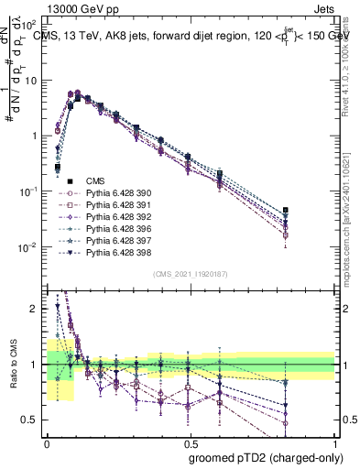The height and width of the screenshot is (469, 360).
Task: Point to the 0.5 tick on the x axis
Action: click(x=191, y=443)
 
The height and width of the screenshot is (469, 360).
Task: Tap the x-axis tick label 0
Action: click(x=47, y=443)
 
